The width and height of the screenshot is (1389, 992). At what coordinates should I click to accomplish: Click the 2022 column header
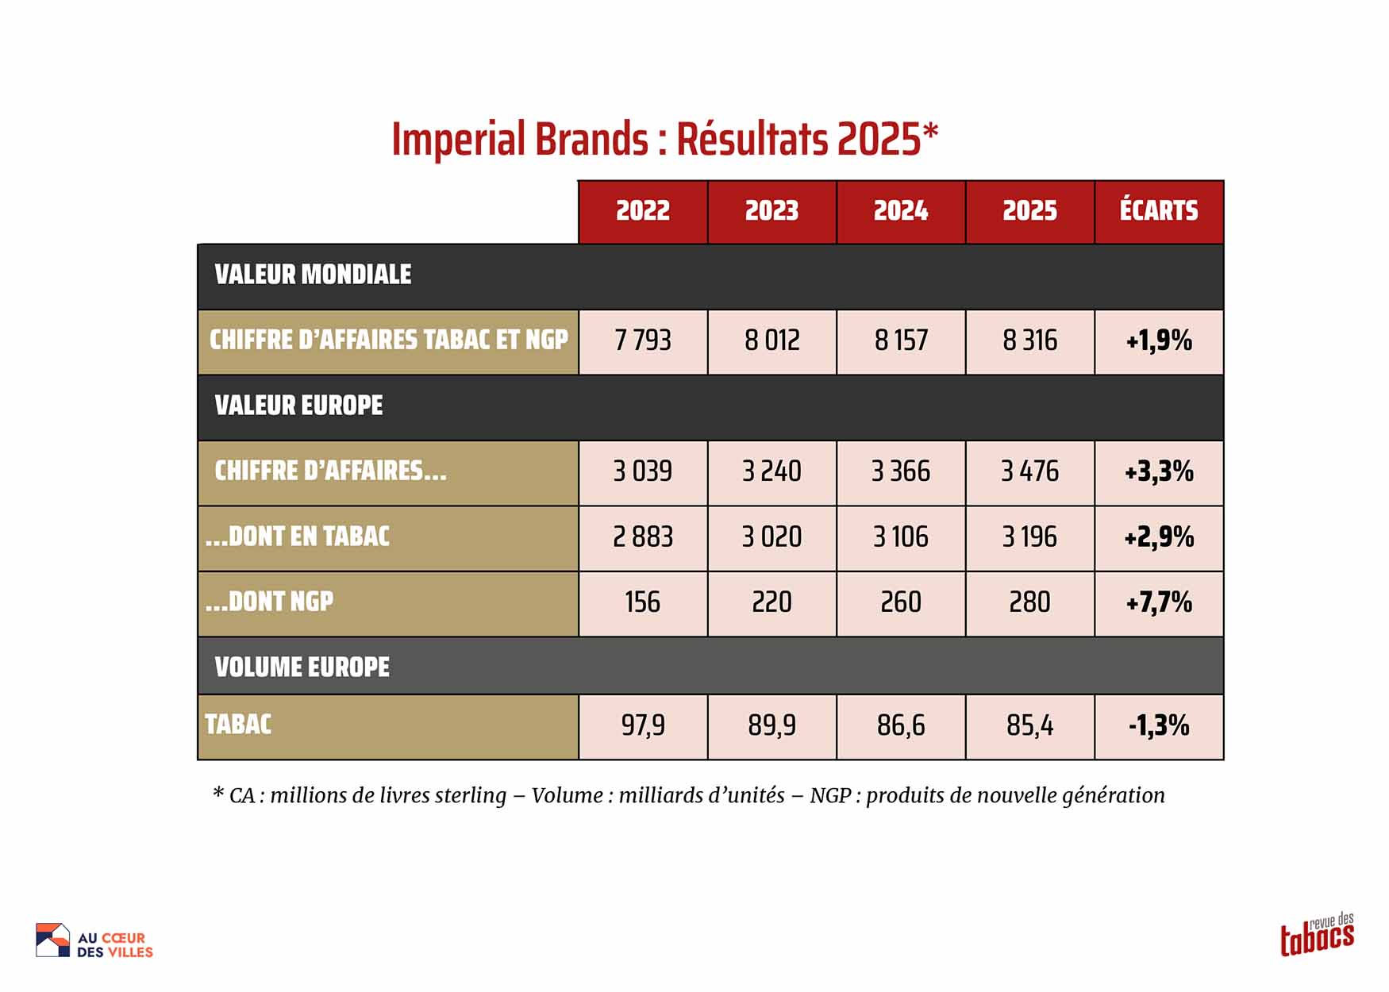[643, 211]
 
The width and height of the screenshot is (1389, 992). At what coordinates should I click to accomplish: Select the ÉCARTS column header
[1159, 211]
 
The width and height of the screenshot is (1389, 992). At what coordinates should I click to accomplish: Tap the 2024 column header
[901, 211]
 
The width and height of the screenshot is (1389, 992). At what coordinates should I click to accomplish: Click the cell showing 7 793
[643, 341]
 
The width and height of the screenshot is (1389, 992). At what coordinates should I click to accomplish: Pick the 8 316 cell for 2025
[1029, 341]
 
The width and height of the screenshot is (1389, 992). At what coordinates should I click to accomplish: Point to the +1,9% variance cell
[1159, 341]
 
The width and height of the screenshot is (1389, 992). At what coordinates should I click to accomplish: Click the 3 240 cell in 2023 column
[771, 472]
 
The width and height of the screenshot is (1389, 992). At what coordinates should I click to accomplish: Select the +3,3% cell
[1159, 472]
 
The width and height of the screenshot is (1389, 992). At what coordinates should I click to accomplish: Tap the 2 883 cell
[643, 537]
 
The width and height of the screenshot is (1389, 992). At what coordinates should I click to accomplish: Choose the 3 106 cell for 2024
[901, 537]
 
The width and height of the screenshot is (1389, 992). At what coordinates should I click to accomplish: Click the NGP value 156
[643, 602]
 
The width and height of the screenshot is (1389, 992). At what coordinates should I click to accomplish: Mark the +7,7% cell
[1159, 602]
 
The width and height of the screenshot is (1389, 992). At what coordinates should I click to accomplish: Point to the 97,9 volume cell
[643, 725]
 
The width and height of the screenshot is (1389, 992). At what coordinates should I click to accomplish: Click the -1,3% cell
[1159, 725]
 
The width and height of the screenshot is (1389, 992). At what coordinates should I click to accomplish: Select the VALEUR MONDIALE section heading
[313, 275]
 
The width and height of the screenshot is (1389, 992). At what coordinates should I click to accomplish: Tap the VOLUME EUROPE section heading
[302, 667]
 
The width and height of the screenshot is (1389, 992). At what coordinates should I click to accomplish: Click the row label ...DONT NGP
[269, 602]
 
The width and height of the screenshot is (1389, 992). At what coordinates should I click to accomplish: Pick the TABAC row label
[238, 725]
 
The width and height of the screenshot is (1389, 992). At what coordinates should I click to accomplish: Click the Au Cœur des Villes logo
[94, 941]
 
